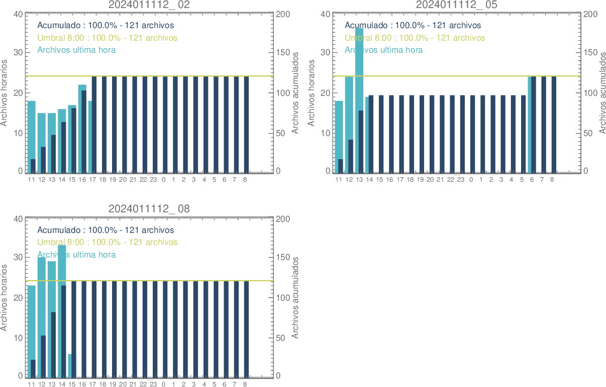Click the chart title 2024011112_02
point(149,5)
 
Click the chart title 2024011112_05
point(457,5)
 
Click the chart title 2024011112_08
point(149,209)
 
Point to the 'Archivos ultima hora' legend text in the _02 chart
point(76,50)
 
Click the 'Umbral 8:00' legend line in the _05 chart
point(415,38)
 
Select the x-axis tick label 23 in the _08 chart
point(153,384)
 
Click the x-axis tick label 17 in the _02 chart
point(92,180)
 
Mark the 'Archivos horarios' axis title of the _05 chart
point(311,92)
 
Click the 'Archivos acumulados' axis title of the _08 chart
point(295,297)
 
